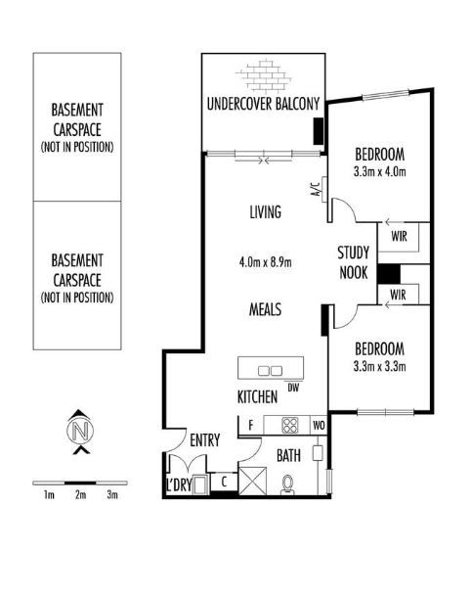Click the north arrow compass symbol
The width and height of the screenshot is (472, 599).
tap(80, 432)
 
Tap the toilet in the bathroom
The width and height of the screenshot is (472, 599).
tap(287, 484)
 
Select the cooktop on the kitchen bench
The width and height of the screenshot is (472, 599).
tap(290, 425)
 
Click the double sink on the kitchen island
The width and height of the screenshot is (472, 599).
tap(270, 371)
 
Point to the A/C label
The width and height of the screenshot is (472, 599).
tap(316, 190)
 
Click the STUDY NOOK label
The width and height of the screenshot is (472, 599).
tap(354, 263)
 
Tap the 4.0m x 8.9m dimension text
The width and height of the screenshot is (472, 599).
tap(265, 262)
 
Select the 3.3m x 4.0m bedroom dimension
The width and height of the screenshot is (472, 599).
tap(380, 171)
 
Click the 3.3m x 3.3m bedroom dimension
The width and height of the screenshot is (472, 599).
tap(380, 367)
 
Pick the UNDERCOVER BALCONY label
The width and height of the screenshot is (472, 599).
tap(263, 104)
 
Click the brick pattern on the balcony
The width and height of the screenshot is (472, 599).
tap(263, 76)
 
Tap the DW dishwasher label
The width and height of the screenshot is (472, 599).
tap(293, 388)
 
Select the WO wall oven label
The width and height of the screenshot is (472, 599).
tap(319, 425)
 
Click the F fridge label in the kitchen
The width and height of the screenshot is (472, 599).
tap(251, 425)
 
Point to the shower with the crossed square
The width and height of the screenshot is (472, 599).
tap(252, 481)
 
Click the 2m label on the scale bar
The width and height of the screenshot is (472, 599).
tap(80, 495)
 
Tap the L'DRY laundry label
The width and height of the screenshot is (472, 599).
tap(179, 484)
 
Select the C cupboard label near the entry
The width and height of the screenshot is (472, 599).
tap(224, 482)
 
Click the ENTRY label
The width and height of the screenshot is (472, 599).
tap(205, 440)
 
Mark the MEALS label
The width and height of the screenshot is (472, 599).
tap(265, 309)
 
